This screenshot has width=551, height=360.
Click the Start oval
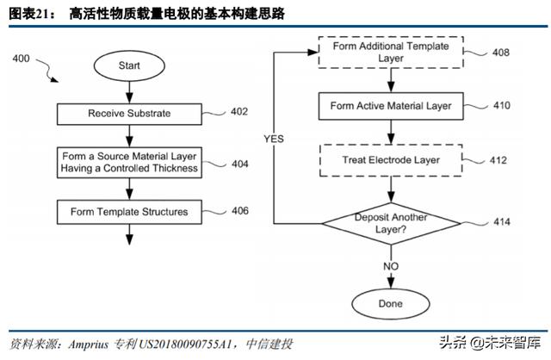click(x=129, y=65)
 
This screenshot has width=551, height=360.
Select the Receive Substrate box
click(x=129, y=114)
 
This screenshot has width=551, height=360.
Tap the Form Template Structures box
click(x=129, y=212)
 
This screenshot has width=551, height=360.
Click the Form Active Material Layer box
click(x=391, y=106)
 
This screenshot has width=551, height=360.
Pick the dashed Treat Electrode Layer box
click(x=391, y=160)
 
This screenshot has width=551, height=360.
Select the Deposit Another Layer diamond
click(x=391, y=223)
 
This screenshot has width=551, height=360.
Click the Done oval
click(x=390, y=304)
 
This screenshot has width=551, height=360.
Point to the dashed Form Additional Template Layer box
click(x=391, y=52)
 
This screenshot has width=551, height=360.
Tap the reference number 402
click(x=239, y=111)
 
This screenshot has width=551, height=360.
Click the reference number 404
click(x=240, y=164)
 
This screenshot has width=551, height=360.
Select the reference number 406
click(x=240, y=211)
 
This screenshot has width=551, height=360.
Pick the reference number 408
click(x=501, y=53)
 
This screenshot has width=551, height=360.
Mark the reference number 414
click(x=501, y=222)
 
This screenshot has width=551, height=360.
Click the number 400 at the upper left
click(x=21, y=59)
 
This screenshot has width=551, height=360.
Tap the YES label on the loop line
click(x=274, y=139)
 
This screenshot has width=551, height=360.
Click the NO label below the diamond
click(x=391, y=266)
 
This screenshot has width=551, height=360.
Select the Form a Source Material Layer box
click(x=129, y=163)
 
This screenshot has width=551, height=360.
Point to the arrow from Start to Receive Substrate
click(x=129, y=92)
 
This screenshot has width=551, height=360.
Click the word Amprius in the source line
click(x=89, y=344)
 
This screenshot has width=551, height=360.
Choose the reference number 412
click(x=498, y=160)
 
